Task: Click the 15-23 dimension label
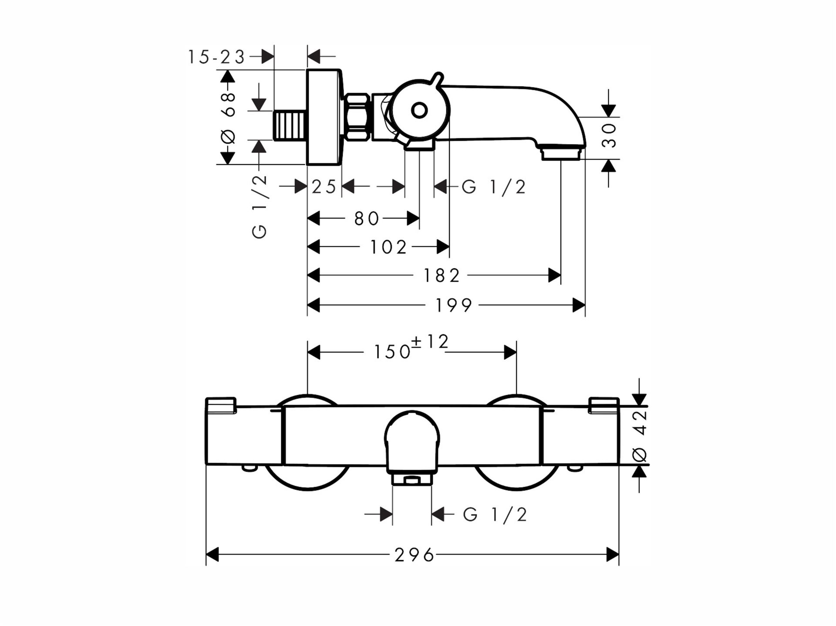pyautogui.click(x=216, y=57)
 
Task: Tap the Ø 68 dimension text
pyautogui.click(x=228, y=118)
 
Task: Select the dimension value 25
pyautogui.click(x=324, y=187)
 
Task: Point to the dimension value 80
pyautogui.click(x=367, y=219)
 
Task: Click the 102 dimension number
pyautogui.click(x=388, y=247)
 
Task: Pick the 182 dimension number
pyautogui.click(x=442, y=276)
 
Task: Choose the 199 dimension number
pyautogui.click(x=454, y=306)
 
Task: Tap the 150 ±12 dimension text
pyautogui.click(x=411, y=347)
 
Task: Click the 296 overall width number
pyautogui.click(x=414, y=555)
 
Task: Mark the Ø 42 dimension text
pyautogui.click(x=640, y=436)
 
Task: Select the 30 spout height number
pyautogui.click(x=610, y=135)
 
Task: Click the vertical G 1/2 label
pyautogui.click(x=260, y=206)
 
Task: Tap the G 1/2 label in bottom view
pyautogui.click(x=495, y=515)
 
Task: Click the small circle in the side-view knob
pyautogui.click(x=419, y=111)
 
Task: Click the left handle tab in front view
pyautogui.click(x=220, y=404)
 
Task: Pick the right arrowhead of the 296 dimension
pyautogui.click(x=613, y=555)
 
